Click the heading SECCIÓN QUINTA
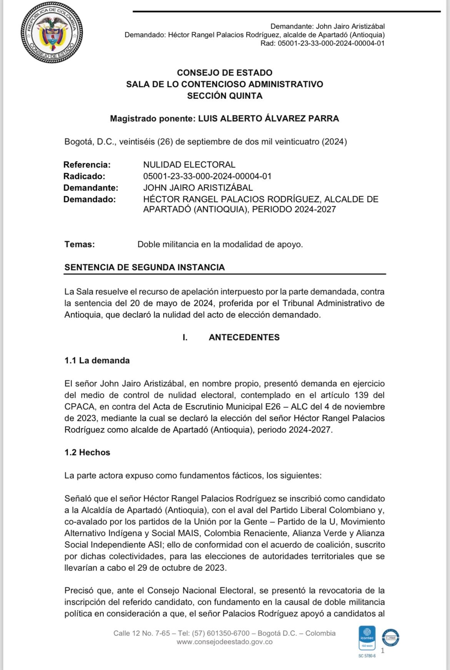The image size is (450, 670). coord(225,96)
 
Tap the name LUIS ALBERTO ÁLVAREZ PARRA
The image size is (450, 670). coord(268,118)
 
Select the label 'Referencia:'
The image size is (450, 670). coord(87,165)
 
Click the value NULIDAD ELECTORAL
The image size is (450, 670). coord(189,165)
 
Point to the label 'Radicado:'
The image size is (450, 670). coord(84,176)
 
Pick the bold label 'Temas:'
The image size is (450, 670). coord(80,244)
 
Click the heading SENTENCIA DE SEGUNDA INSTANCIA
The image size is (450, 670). coord(145,267)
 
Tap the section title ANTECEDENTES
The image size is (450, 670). coord(244,337)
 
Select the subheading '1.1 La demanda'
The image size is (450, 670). coord(97,360)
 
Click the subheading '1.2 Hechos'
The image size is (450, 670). coord(87,452)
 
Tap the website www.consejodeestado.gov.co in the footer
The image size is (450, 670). coord(225,642)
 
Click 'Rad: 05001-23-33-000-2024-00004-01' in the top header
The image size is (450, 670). coord(322,43)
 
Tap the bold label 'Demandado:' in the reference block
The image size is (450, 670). coord(89,199)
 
